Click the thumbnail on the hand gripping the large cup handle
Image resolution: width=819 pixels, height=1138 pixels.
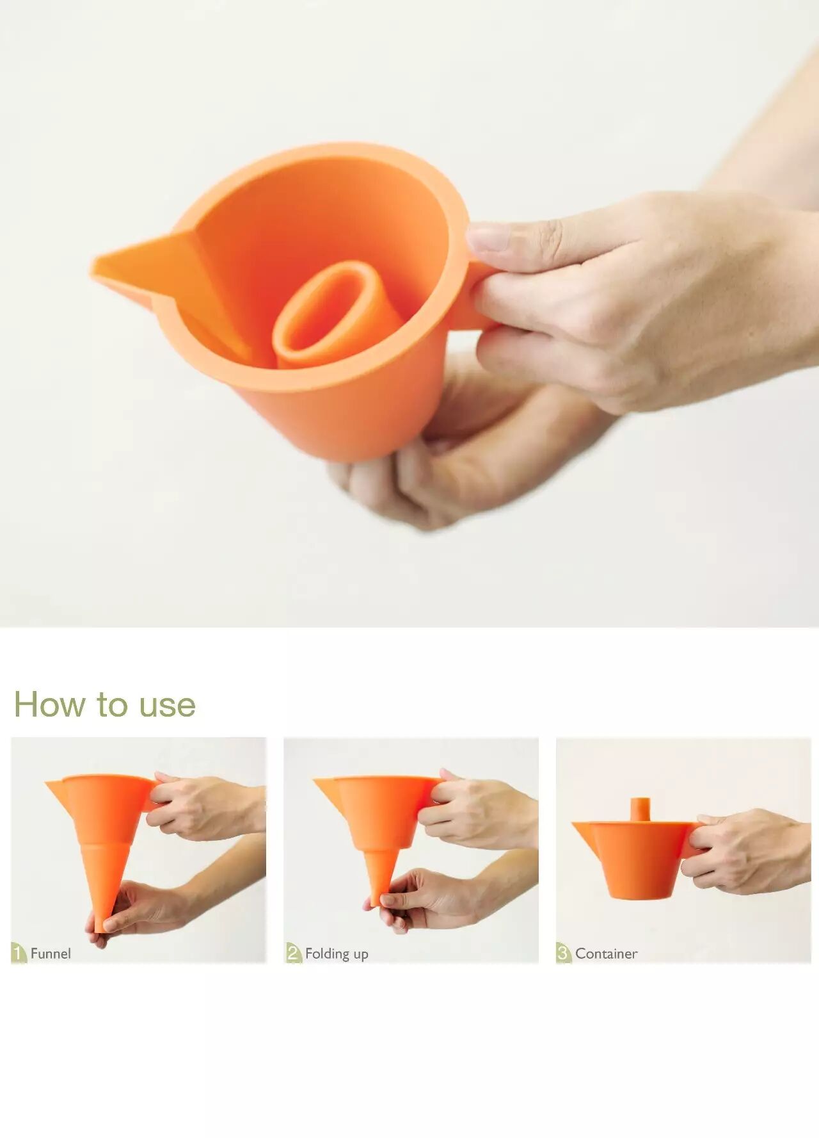(x=488, y=238)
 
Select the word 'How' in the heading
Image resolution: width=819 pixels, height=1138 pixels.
(x=49, y=704)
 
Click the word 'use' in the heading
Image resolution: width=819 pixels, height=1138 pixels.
(x=167, y=706)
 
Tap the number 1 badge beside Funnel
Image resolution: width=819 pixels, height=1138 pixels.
(x=19, y=953)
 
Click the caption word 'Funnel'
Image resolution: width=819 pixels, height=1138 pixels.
(x=51, y=954)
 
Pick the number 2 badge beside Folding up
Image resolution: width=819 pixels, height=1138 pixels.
(x=294, y=953)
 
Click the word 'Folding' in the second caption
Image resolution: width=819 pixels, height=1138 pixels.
(x=327, y=954)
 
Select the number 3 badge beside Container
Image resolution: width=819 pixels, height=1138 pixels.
(x=564, y=953)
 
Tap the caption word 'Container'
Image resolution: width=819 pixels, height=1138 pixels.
(x=606, y=954)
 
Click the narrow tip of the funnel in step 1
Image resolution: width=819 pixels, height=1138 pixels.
(x=100, y=926)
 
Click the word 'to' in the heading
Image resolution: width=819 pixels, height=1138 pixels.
(x=112, y=706)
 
